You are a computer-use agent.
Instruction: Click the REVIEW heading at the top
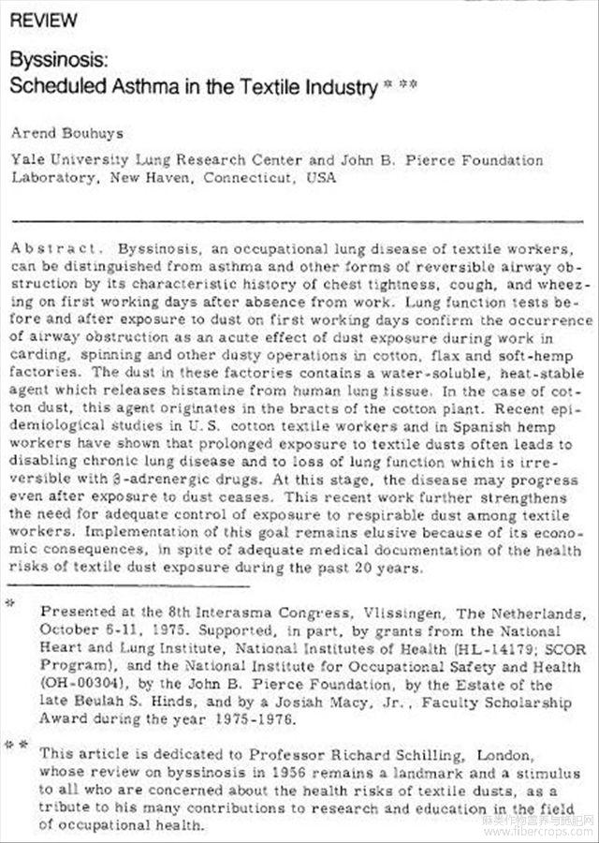(44, 20)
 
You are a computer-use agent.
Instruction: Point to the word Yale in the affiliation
(25, 160)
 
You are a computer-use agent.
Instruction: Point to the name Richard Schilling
(377, 753)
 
